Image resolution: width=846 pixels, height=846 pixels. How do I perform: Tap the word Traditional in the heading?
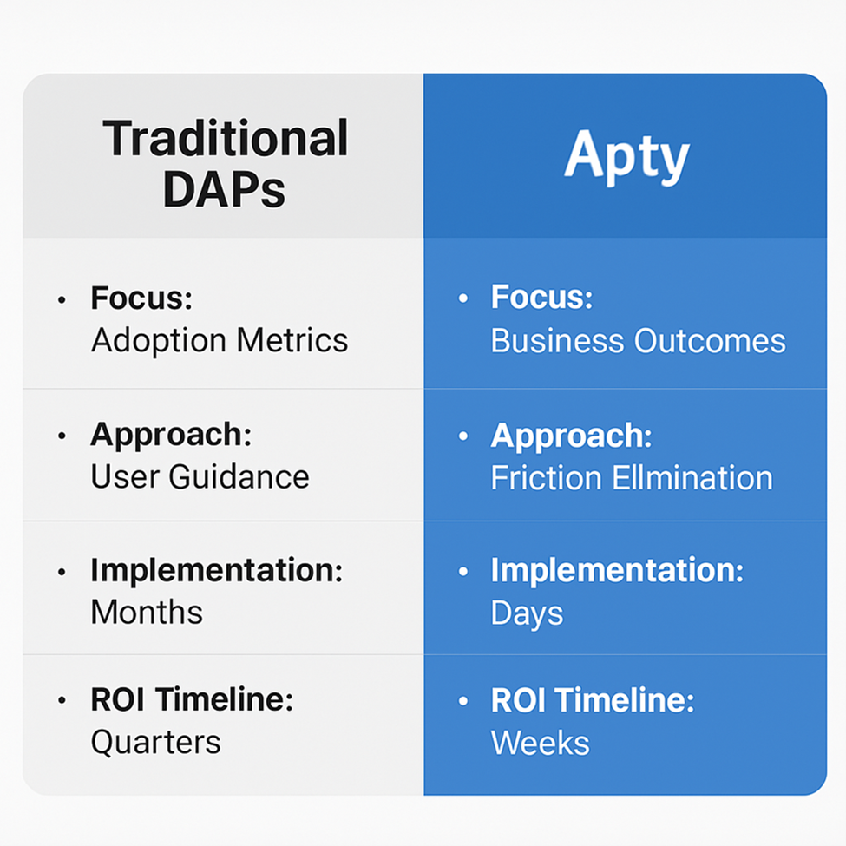coord(226,138)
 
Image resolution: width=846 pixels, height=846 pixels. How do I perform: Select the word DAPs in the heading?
coord(224,189)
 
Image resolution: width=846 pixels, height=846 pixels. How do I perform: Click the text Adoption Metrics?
coord(220,341)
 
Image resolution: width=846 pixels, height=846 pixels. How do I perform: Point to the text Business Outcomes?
coord(639,341)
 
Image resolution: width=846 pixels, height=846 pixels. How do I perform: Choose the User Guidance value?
coord(200,477)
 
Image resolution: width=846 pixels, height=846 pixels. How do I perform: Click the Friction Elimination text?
coord(632,477)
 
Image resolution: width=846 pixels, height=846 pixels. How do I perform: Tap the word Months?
coord(147,612)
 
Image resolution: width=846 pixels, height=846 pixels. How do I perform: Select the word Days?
coord(528,614)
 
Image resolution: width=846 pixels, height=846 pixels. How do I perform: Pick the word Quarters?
coord(156,742)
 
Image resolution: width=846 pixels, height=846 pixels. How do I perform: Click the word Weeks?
coord(541,743)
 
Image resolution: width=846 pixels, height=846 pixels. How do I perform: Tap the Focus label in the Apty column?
coord(541,297)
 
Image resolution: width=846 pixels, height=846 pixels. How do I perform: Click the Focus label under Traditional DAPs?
coord(141,298)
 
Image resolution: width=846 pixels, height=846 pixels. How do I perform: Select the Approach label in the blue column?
coord(571,436)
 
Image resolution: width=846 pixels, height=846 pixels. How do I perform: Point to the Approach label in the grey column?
coord(171,435)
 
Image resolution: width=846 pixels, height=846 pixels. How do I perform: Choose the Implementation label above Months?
coord(217,571)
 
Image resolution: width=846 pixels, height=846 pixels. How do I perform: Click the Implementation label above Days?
coord(617,571)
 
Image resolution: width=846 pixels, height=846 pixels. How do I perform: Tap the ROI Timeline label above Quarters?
coord(192,699)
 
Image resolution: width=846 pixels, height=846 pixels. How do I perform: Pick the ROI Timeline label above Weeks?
coord(593,699)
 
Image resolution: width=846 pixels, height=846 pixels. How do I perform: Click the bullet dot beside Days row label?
coord(463,571)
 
